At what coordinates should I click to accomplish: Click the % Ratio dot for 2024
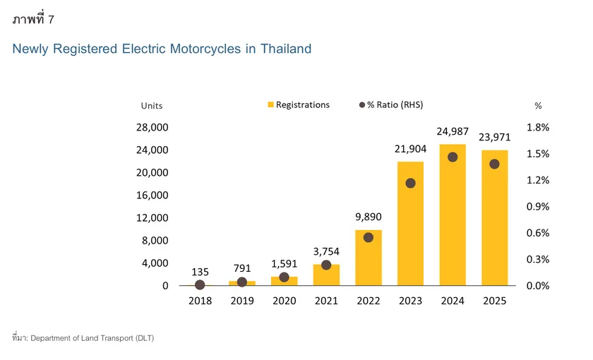click(453, 157)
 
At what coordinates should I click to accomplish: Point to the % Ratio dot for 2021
click(326, 265)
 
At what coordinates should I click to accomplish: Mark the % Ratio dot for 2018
click(200, 284)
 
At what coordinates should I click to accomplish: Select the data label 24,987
click(453, 131)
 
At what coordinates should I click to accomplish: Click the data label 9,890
click(369, 217)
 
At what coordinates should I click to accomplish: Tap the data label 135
click(200, 272)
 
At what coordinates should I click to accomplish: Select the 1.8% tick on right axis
click(538, 127)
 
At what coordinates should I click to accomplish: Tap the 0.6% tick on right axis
click(538, 233)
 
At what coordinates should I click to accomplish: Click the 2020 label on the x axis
click(284, 301)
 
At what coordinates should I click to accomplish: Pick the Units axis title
click(151, 106)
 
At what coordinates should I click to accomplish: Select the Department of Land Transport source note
click(92, 338)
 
